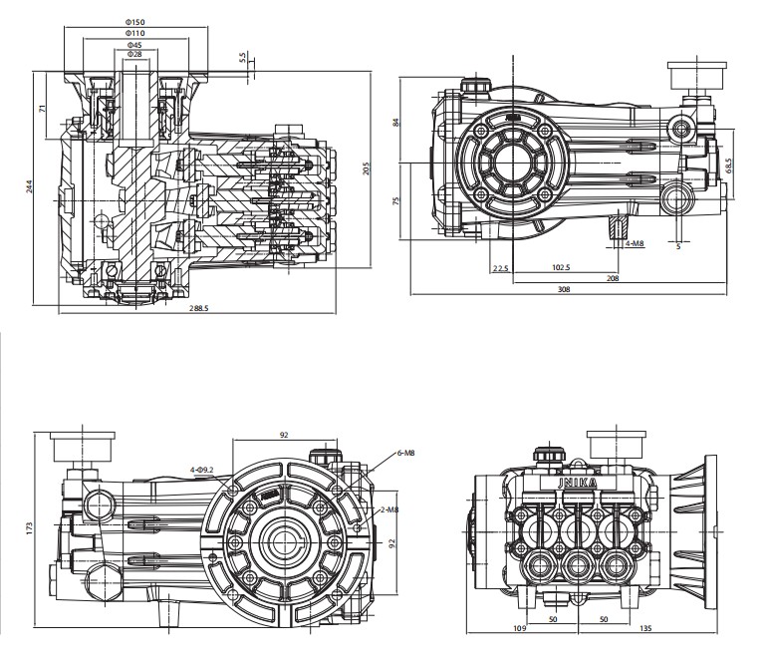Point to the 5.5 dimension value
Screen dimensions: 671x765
[243, 60]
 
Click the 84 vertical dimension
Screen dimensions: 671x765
[396, 123]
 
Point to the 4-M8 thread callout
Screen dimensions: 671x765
[634, 243]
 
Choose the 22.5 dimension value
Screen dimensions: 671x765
[500, 267]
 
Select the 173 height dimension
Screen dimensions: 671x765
[30, 525]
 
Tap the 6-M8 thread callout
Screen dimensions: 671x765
[404, 453]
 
